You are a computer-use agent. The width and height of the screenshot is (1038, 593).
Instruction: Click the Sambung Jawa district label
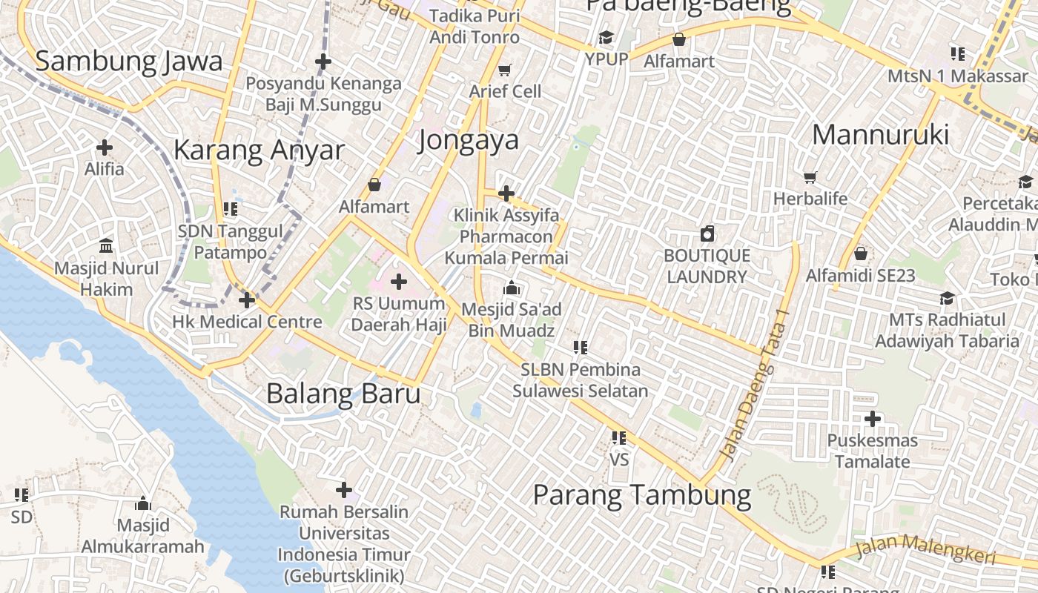[x=129, y=62]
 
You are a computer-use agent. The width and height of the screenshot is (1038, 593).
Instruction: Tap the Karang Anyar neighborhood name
[x=259, y=150]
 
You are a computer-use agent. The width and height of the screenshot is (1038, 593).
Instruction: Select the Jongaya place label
[x=468, y=140]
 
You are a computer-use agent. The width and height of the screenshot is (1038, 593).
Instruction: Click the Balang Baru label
[x=343, y=394]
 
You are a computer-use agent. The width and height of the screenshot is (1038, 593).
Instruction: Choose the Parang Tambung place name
[x=642, y=494]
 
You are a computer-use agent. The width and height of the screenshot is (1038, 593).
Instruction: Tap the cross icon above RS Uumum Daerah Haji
[x=399, y=282]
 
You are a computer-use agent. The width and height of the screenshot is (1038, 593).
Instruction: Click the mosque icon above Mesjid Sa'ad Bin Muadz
[x=511, y=288]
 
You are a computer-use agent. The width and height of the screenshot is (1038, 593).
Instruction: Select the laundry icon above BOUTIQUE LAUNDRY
[x=707, y=234]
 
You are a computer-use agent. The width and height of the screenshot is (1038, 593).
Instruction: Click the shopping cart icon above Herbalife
[x=810, y=178]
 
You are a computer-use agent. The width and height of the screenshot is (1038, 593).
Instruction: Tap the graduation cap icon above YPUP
[x=606, y=37]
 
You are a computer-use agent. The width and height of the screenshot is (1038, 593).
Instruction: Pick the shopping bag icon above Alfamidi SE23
[x=861, y=254]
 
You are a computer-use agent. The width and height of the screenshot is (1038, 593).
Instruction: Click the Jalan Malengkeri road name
[x=925, y=549]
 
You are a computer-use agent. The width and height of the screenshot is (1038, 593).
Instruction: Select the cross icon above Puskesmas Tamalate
[x=873, y=419]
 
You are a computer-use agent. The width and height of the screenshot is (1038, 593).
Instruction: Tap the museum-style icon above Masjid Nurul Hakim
[x=106, y=245]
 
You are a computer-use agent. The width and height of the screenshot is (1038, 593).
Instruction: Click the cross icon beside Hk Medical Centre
[x=247, y=300]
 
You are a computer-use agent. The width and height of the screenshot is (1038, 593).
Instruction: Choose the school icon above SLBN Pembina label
[x=580, y=347]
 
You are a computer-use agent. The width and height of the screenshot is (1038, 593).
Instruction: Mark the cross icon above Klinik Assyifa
[x=506, y=194]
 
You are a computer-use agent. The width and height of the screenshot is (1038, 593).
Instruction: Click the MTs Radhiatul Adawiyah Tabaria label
[x=947, y=331]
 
